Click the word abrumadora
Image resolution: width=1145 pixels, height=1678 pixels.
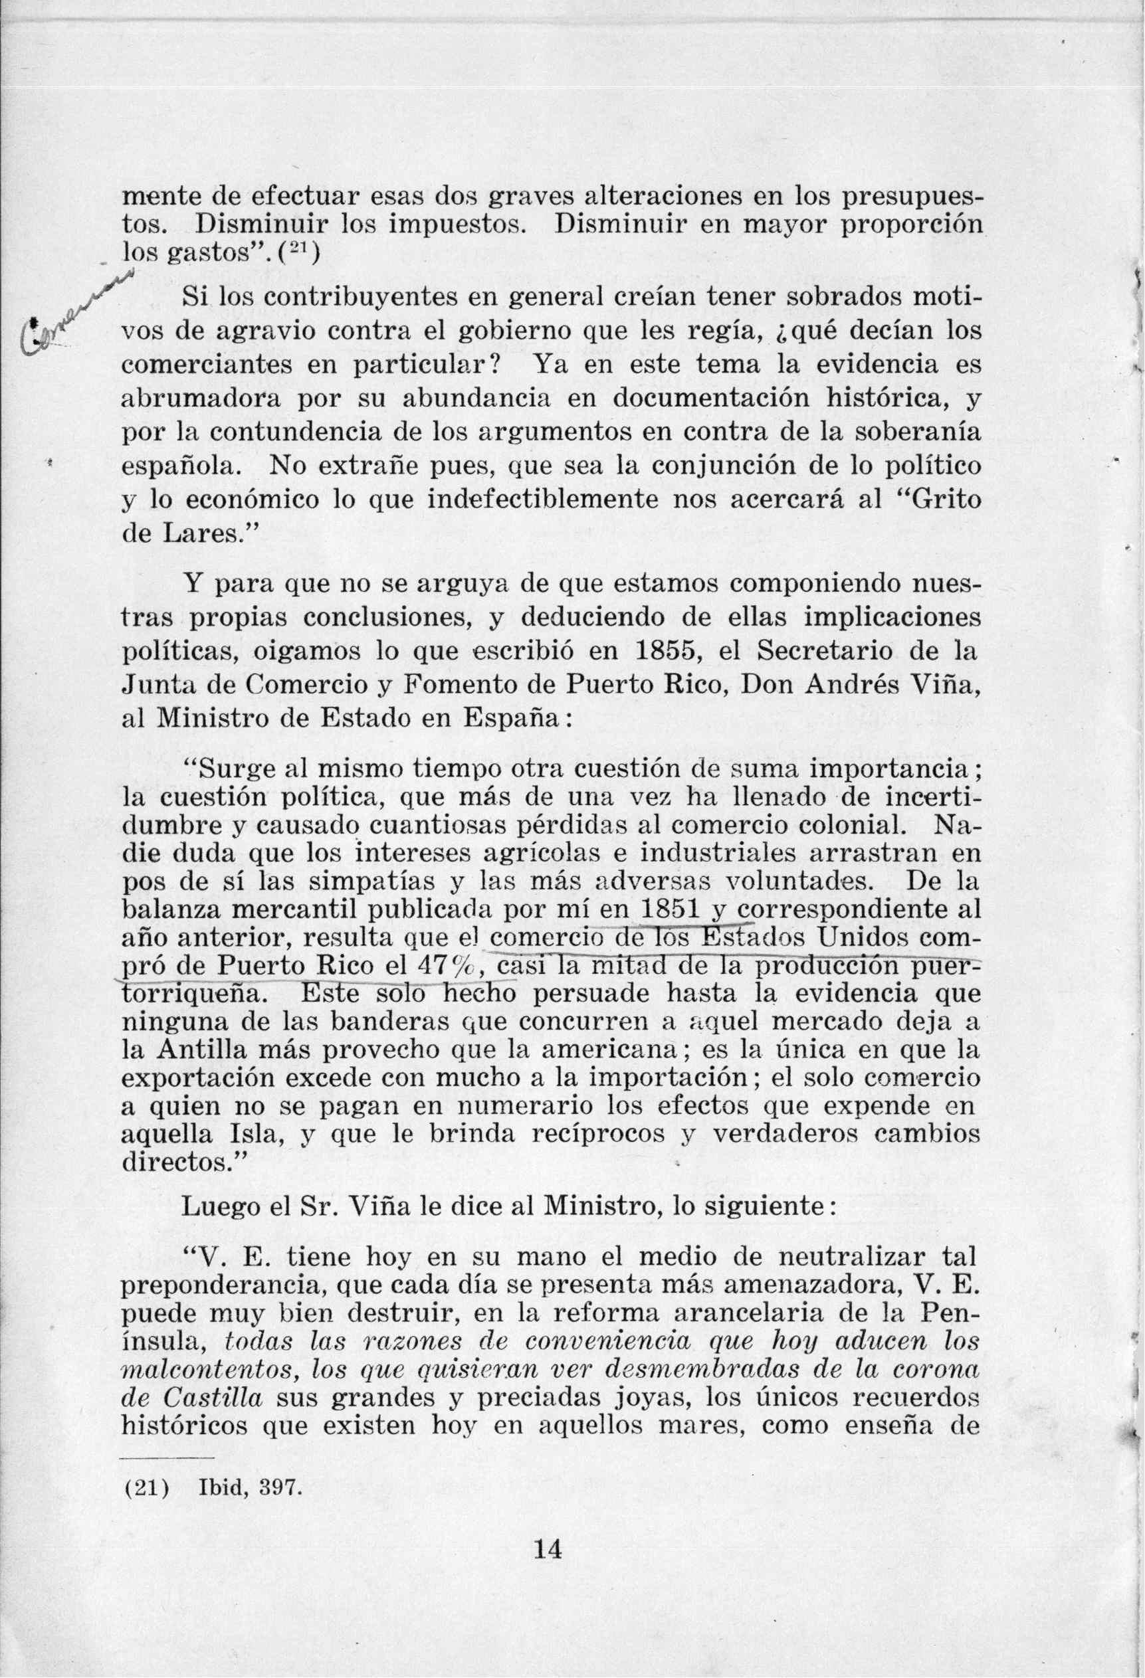point(200,399)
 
